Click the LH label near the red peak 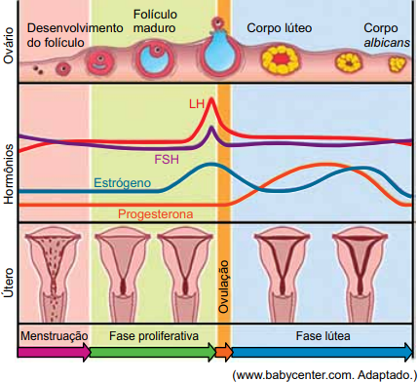click(x=197, y=104)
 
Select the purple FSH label click(x=167, y=160)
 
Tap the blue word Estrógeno click(x=123, y=183)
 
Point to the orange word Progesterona click(x=156, y=214)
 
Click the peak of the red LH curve click(x=211, y=98)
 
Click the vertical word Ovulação click(x=223, y=286)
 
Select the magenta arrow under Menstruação click(x=54, y=352)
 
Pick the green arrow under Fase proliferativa click(x=153, y=352)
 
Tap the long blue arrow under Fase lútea click(x=323, y=352)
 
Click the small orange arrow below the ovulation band click(x=224, y=352)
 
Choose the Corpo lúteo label click(x=280, y=28)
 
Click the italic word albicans click(x=387, y=43)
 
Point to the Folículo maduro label click(x=155, y=21)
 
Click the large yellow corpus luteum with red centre click(x=280, y=59)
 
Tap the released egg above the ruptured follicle click(x=216, y=23)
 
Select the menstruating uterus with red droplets click(x=52, y=275)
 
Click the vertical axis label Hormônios click(x=9, y=174)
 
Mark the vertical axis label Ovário click(x=9, y=46)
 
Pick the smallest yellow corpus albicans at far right click(x=398, y=64)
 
